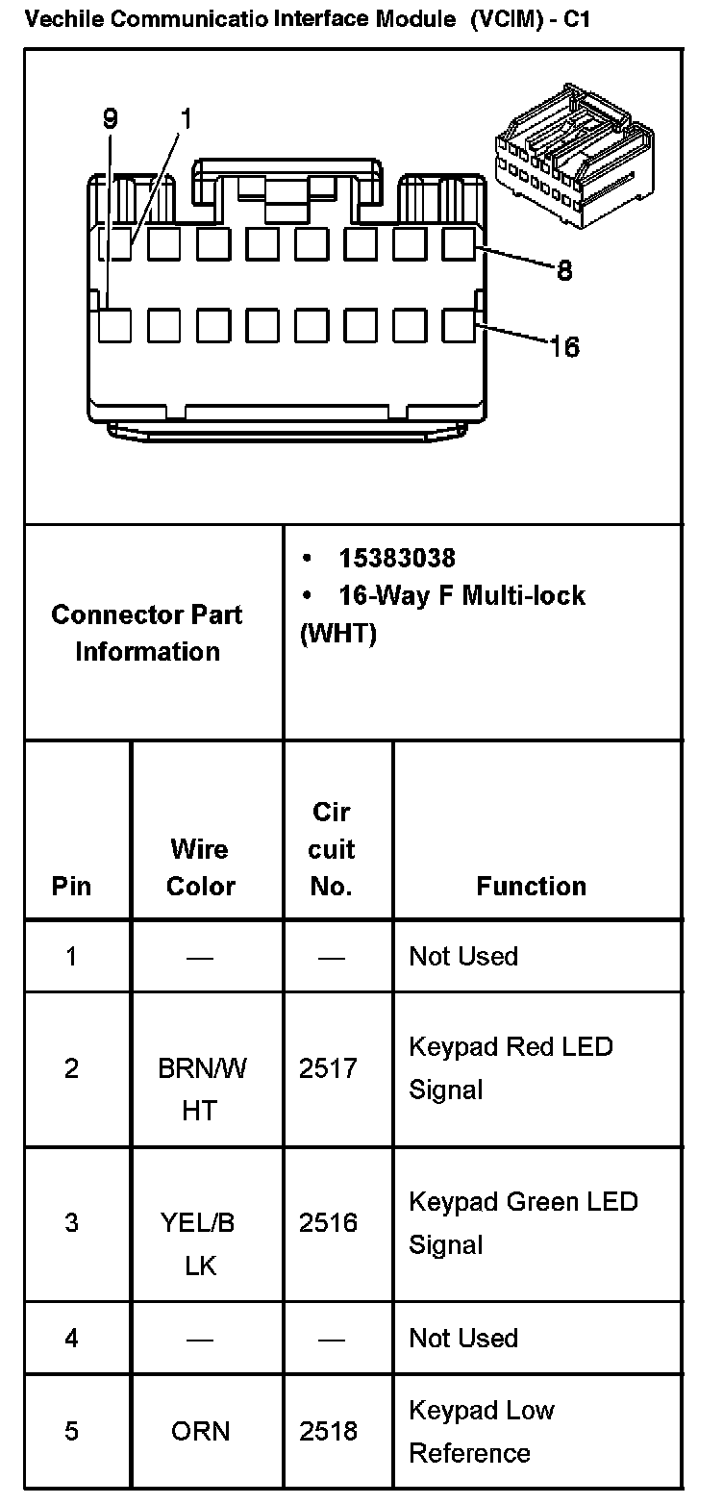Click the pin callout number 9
[x=111, y=119]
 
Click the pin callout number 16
[x=564, y=346]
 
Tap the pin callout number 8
[x=564, y=271]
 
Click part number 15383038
[x=396, y=558]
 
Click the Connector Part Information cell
[x=148, y=633]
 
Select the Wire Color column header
[x=200, y=867]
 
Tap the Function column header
[x=531, y=886]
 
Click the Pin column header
[x=71, y=886]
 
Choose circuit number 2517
[x=328, y=1068]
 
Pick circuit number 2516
[x=328, y=1222]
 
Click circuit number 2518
[x=328, y=1431]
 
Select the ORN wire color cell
[x=200, y=1431]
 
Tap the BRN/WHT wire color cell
[x=201, y=1090]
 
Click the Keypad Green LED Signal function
[x=523, y=1222]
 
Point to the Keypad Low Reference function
[x=481, y=1431]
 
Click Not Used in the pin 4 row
[x=463, y=1338]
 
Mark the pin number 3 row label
[x=71, y=1222]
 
